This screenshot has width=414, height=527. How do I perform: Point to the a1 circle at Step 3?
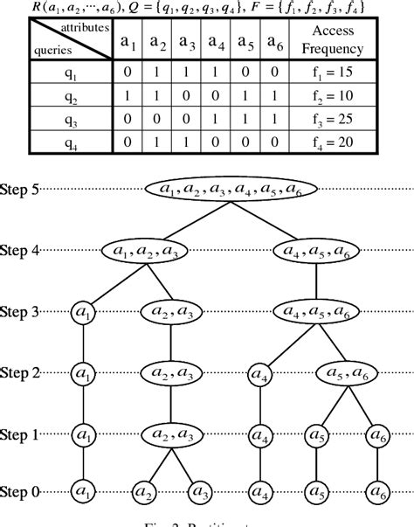click(83, 311)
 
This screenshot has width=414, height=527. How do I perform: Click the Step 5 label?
click(19, 188)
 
